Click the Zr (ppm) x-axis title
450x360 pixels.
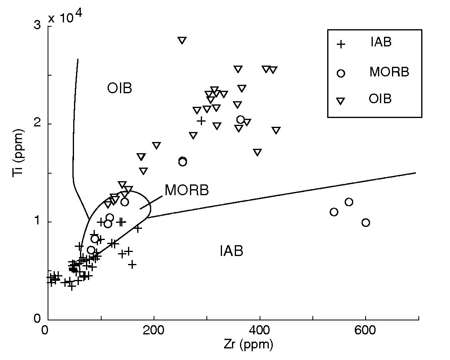(248, 345)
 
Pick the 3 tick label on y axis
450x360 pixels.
(38, 26)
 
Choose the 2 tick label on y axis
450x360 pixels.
(38, 124)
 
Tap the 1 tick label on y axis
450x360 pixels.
(38, 222)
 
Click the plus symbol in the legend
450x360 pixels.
(340, 44)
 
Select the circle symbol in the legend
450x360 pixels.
(341, 73)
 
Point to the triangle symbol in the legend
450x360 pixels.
(340, 101)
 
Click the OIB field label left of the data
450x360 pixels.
(120, 88)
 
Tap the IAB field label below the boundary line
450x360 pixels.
(232, 251)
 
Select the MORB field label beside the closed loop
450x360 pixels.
(186, 190)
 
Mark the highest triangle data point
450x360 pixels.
(182, 40)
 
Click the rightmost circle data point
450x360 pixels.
(366, 222)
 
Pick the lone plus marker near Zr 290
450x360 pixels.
(201, 120)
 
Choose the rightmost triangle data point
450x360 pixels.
(276, 130)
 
